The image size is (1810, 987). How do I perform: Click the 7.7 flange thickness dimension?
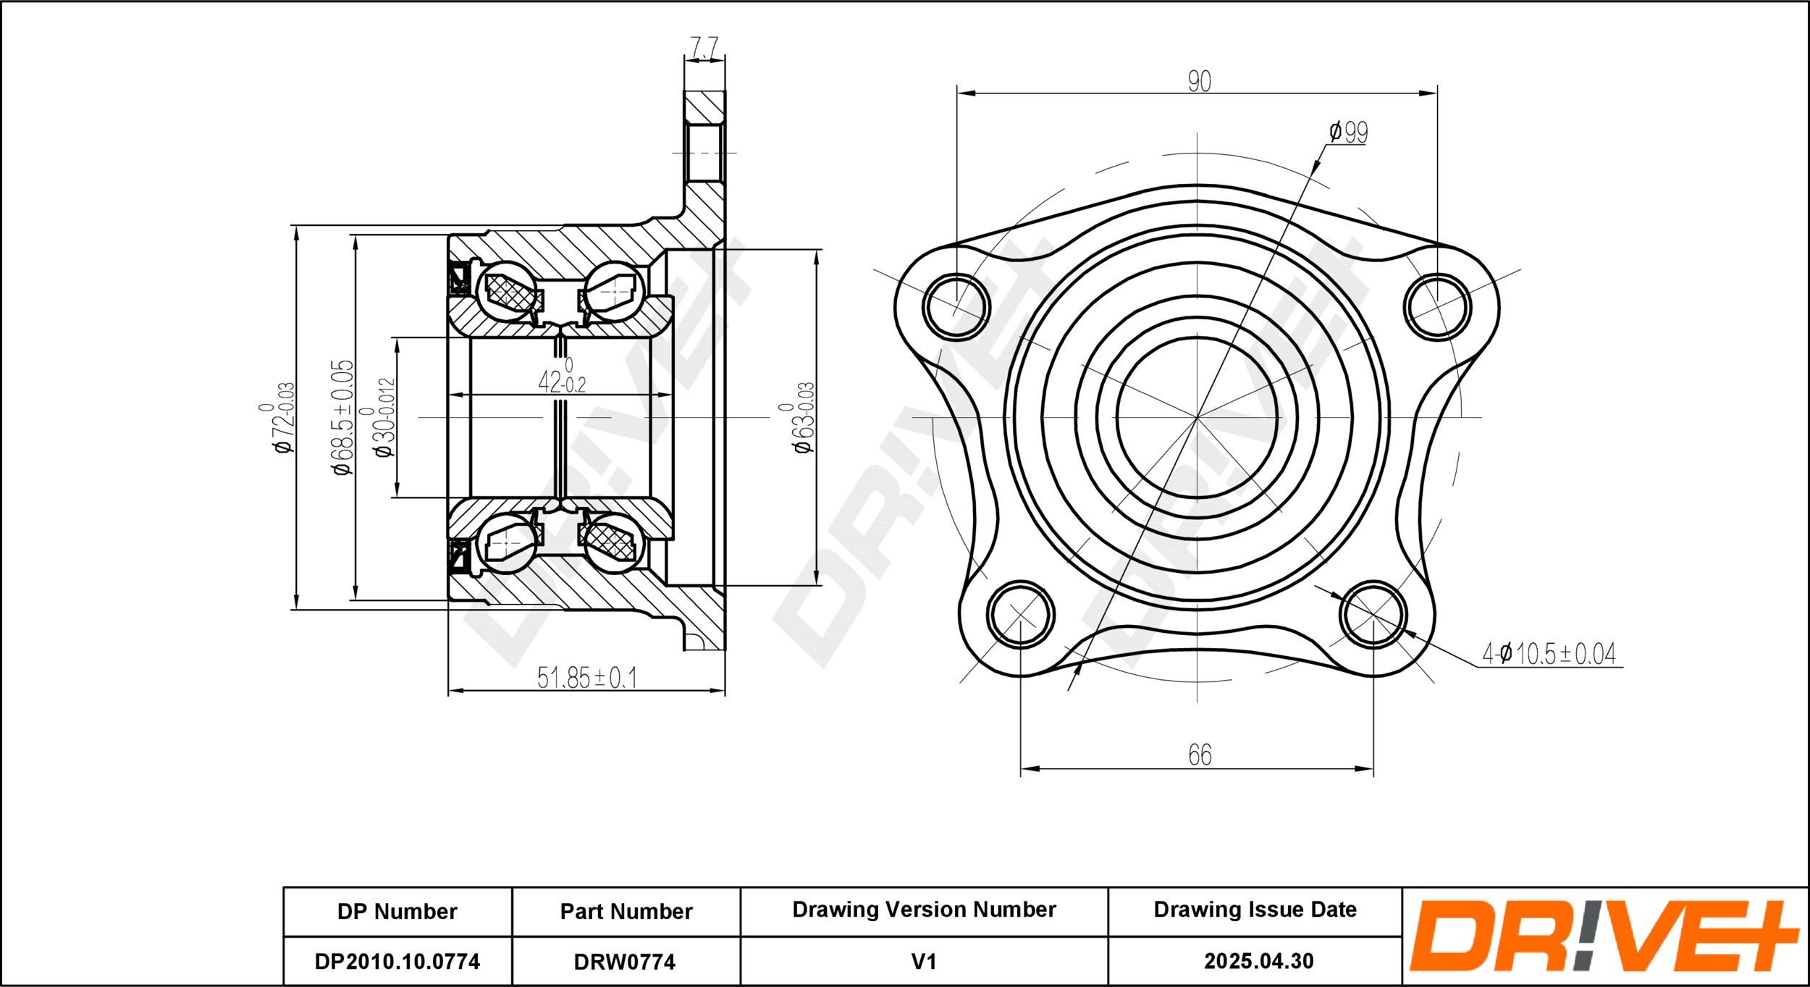pos(704,47)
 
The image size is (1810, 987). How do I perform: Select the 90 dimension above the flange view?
pos(1199,81)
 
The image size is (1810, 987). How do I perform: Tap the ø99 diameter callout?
pos(1348,132)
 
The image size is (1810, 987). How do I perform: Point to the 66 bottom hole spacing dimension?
pos(1200,755)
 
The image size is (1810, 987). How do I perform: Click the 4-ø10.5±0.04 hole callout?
pos(1549,654)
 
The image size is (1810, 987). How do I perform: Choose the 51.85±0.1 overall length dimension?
pos(586,677)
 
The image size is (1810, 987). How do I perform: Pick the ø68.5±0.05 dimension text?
pos(343,418)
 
